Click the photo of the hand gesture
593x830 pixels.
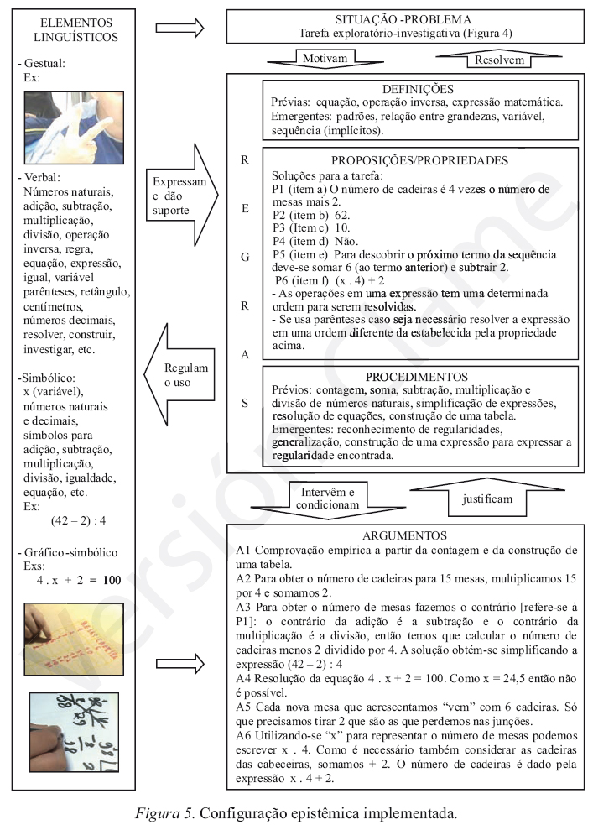(61, 129)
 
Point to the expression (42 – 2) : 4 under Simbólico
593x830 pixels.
(78, 520)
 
